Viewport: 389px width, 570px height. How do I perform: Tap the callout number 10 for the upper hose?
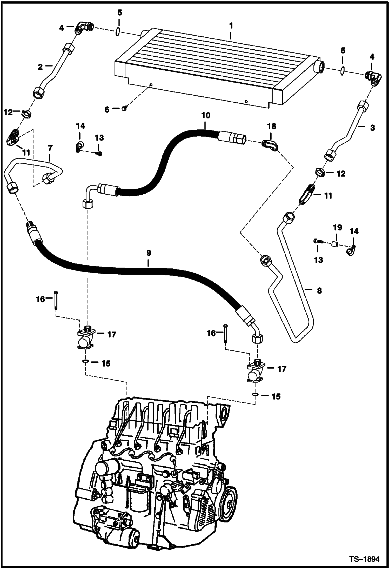coord(206,115)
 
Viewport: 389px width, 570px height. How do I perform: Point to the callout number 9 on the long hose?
coord(148,253)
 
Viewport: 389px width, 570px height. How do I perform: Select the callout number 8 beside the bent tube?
coord(319,291)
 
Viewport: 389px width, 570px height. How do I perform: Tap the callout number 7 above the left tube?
coord(50,148)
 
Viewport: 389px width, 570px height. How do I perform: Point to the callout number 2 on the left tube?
coord(40,67)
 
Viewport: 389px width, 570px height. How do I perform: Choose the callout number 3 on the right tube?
coord(372,128)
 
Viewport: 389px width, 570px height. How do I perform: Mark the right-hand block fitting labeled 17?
coord(256,372)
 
